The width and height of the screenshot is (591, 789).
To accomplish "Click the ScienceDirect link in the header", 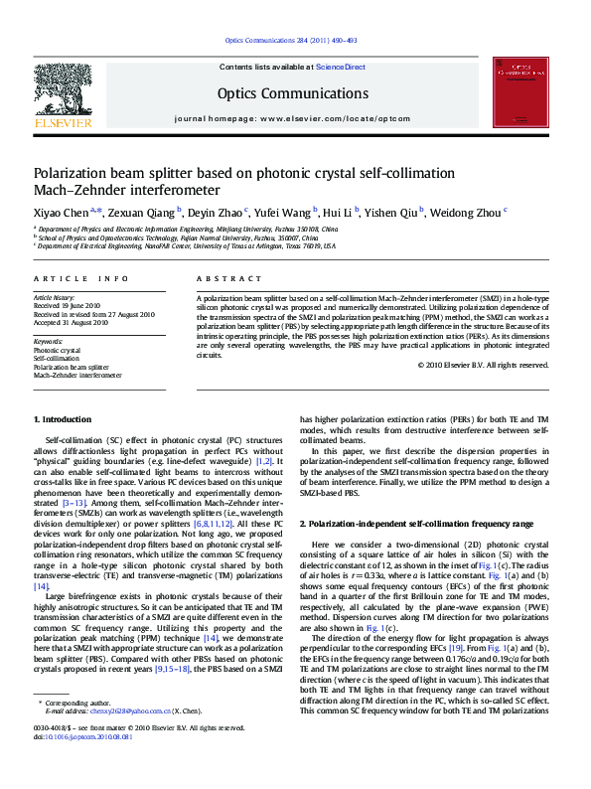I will [341, 67].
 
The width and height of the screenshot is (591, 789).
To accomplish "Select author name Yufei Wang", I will [282, 211].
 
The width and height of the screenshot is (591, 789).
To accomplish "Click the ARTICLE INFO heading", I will [80, 279].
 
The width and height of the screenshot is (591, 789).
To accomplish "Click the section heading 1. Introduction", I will [66, 449].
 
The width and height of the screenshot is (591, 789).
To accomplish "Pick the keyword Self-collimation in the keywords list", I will [56, 359].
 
